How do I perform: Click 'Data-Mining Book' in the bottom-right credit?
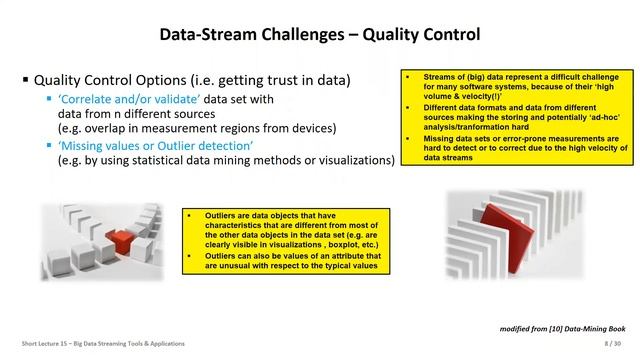601,328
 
